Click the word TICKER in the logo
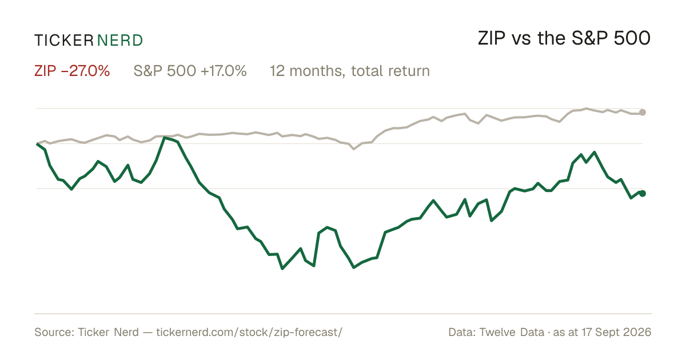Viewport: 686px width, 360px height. tap(63, 41)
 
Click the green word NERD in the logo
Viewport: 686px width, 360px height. tap(119, 41)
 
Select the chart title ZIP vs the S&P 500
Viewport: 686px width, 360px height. tap(564, 38)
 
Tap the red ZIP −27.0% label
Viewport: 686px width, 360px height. tap(72, 71)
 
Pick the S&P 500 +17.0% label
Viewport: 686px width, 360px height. tap(190, 71)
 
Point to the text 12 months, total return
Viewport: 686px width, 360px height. tap(350, 71)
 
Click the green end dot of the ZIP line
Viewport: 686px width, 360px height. tap(643, 193)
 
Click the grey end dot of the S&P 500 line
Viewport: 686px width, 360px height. tap(643, 113)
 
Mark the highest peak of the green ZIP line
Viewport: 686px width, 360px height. tap(165, 138)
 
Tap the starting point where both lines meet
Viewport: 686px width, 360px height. tap(37, 143)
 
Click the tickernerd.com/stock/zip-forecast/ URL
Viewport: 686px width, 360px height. tap(249, 332)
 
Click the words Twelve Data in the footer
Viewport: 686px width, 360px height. tap(512, 332)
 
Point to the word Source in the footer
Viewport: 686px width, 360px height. tap(53, 332)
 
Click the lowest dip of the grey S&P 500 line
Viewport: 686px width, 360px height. tap(354, 149)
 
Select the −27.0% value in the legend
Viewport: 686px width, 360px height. tap(85, 71)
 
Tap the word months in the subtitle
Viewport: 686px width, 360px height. tap(316, 71)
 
